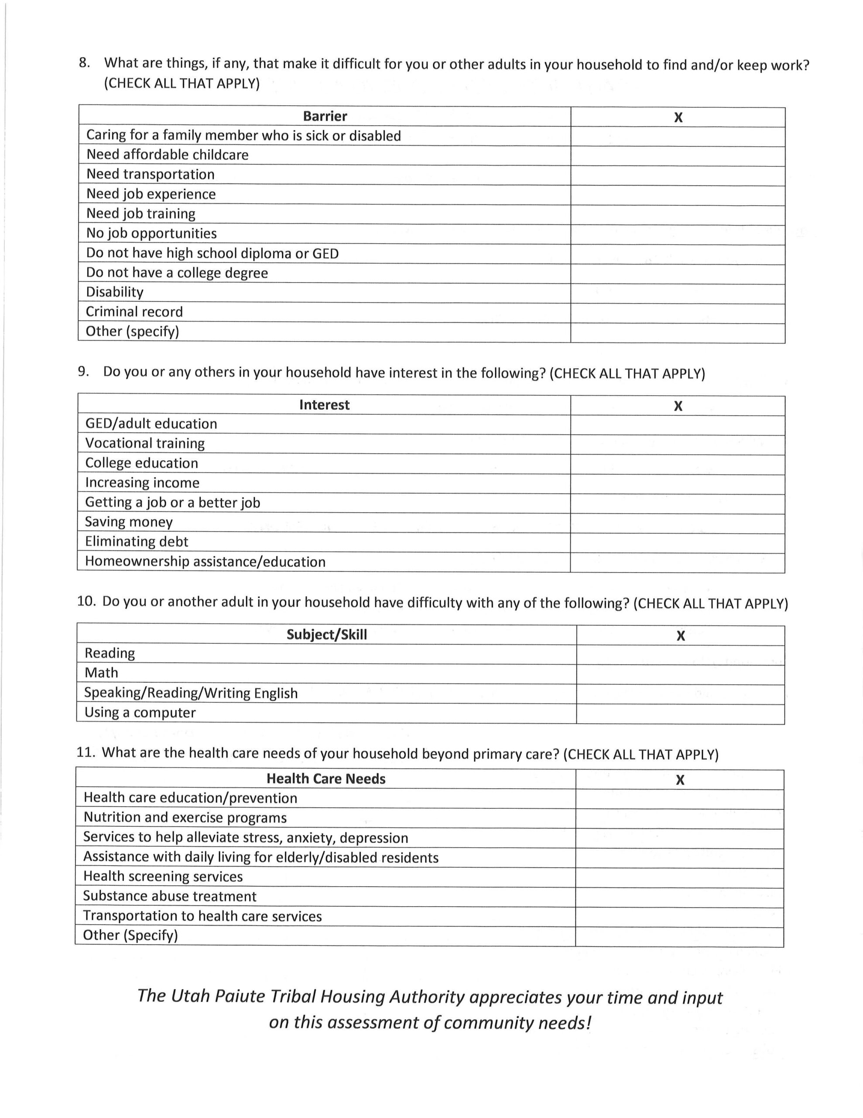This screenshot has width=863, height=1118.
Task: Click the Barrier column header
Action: pos(325,116)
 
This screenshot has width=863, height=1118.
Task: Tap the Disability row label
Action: pos(115,292)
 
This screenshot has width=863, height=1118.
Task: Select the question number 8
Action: pos(84,63)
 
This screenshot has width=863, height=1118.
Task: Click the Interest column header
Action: pos(324,405)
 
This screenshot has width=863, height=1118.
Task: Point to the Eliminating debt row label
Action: pos(137,542)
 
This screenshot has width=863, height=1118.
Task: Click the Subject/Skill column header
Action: pos(326,635)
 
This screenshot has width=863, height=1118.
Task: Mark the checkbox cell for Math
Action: pos(680,674)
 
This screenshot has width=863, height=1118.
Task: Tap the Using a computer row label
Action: pos(140,713)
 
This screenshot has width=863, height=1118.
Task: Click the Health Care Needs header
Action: pos(326,779)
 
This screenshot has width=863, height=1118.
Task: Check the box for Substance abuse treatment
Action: pos(679,897)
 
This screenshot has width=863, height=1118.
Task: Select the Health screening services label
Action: pos(163,876)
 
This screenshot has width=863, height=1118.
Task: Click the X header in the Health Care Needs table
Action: pos(680,780)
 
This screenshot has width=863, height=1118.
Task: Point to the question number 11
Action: pos(86,752)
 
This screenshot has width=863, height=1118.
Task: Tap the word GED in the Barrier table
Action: pos(325,253)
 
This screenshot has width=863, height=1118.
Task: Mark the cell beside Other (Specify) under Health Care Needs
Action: pos(679,937)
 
